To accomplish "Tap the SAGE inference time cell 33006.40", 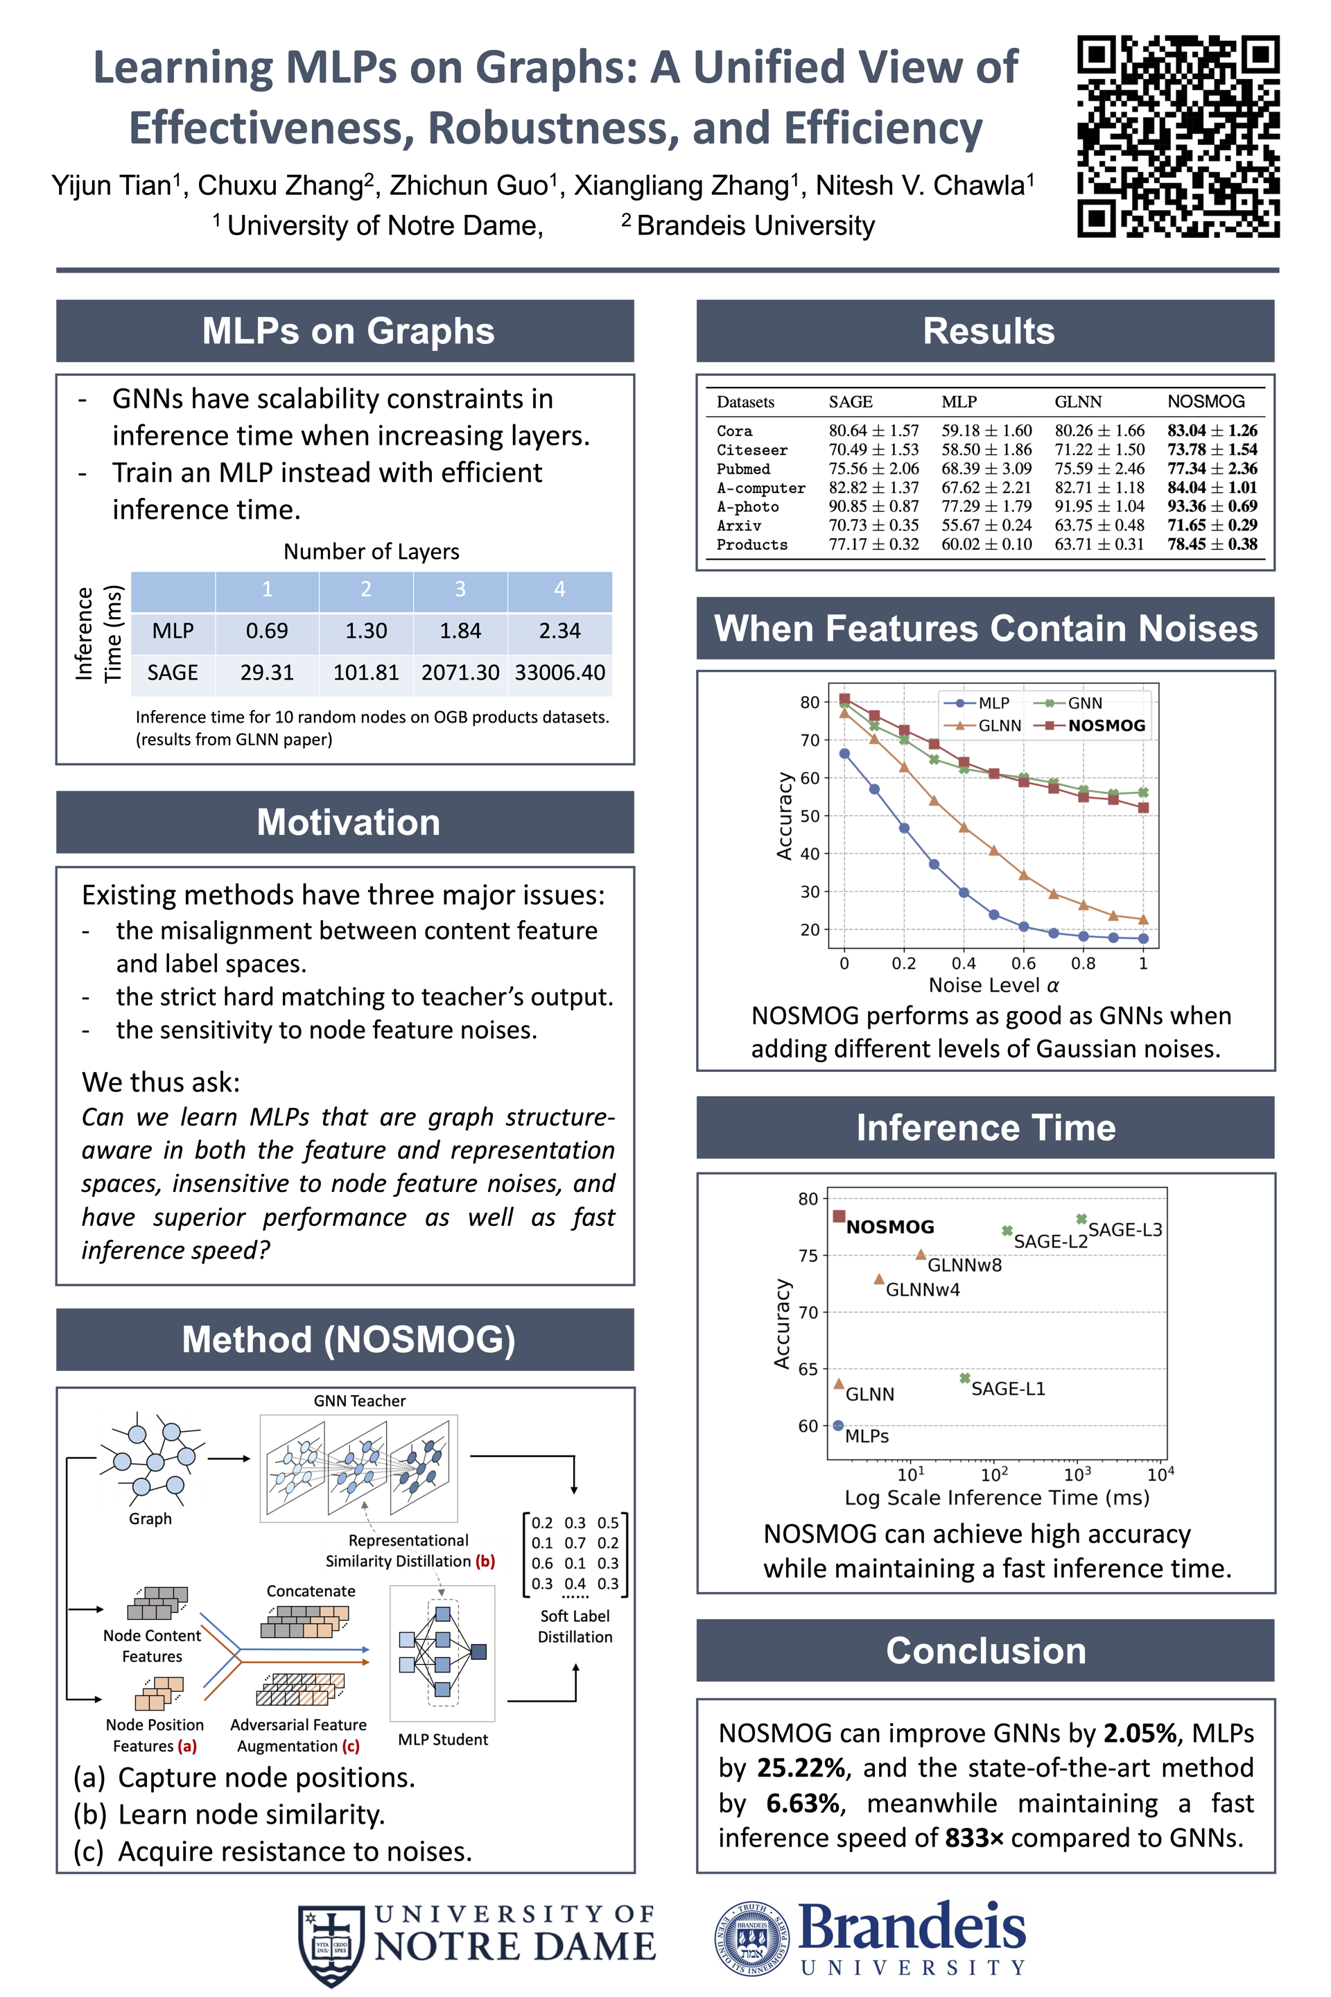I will (x=559, y=673).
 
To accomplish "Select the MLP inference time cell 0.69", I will (x=266, y=631).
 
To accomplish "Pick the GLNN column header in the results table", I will (x=1077, y=401).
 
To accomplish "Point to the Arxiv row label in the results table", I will (x=738, y=526).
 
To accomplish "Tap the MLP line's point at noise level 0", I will (x=844, y=753).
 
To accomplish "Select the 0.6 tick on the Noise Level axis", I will (x=1023, y=964).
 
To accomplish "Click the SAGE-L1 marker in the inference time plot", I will (x=964, y=1378).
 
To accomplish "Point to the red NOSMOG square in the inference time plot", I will (x=839, y=1216).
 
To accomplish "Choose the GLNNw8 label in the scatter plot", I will (x=964, y=1265).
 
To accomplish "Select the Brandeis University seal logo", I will (x=751, y=1939).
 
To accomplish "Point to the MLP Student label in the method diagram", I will (x=442, y=1740).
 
